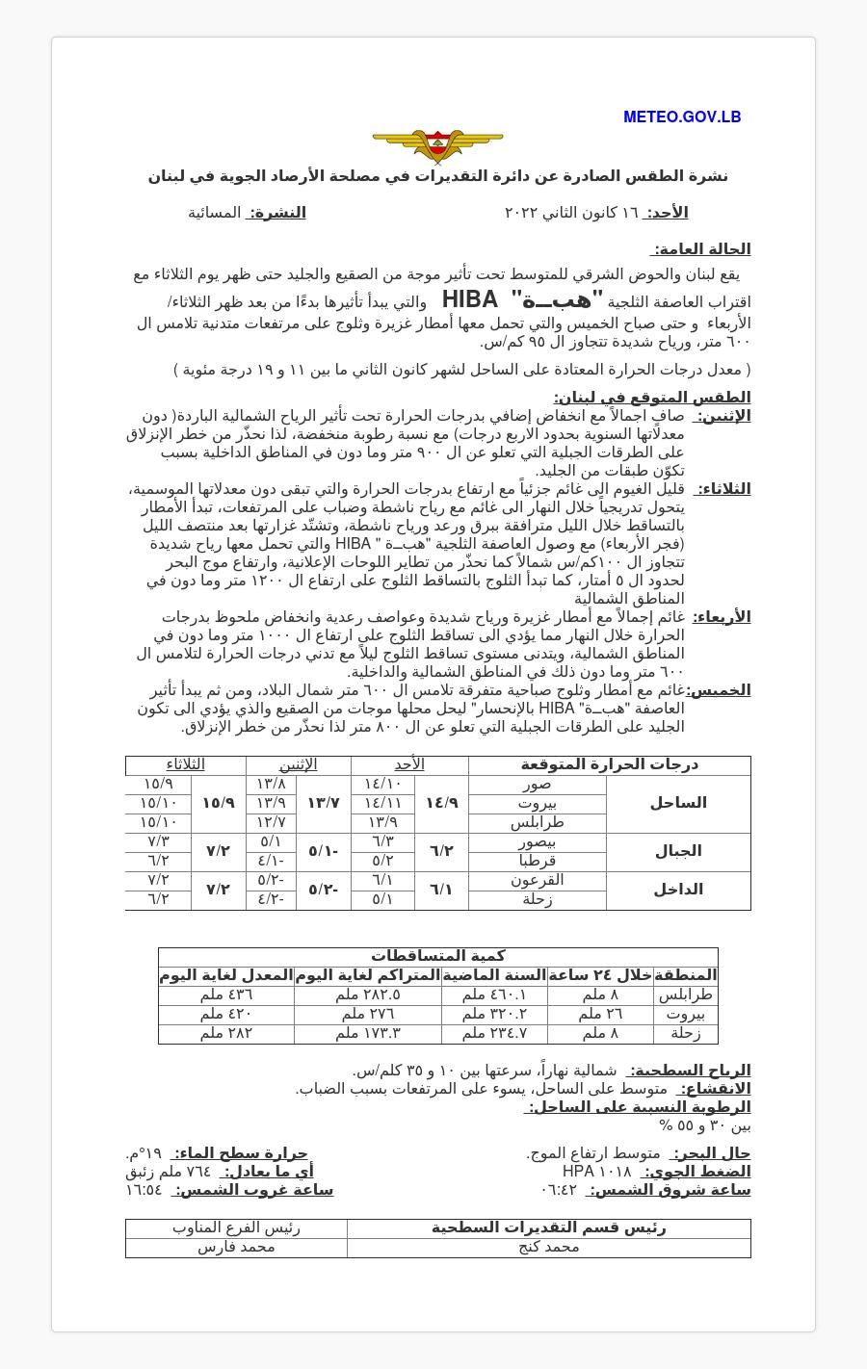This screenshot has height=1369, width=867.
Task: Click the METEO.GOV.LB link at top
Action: (x=682, y=117)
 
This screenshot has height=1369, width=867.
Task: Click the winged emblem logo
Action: (x=437, y=145)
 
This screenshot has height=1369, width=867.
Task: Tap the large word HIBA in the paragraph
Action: (x=470, y=299)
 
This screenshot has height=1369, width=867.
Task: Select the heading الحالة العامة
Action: (x=701, y=249)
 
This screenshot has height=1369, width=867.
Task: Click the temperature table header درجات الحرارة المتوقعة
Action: (x=609, y=764)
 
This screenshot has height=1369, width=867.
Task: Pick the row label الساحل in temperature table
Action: (x=678, y=803)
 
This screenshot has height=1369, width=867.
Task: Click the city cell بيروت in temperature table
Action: (x=538, y=803)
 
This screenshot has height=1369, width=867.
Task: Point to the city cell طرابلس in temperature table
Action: (x=538, y=822)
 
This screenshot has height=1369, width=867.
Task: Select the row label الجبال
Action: (x=678, y=851)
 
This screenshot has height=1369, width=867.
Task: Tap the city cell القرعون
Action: (x=538, y=880)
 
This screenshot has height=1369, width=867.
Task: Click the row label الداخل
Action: (x=678, y=890)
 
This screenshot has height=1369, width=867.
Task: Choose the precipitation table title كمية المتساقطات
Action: (x=437, y=956)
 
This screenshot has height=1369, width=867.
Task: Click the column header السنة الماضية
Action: (x=494, y=975)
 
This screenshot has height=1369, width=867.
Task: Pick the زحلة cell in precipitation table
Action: (x=685, y=1033)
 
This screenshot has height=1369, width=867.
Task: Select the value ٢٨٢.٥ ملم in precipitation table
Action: (x=368, y=994)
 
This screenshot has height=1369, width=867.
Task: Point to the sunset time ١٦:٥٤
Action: (x=144, y=1190)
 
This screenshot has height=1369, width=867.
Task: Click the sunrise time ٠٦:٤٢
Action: (x=559, y=1190)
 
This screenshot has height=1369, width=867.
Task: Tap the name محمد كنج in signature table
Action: (x=548, y=1247)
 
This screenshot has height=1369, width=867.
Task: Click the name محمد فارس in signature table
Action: (x=236, y=1247)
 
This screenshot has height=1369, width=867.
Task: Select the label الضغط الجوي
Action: (x=696, y=1172)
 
